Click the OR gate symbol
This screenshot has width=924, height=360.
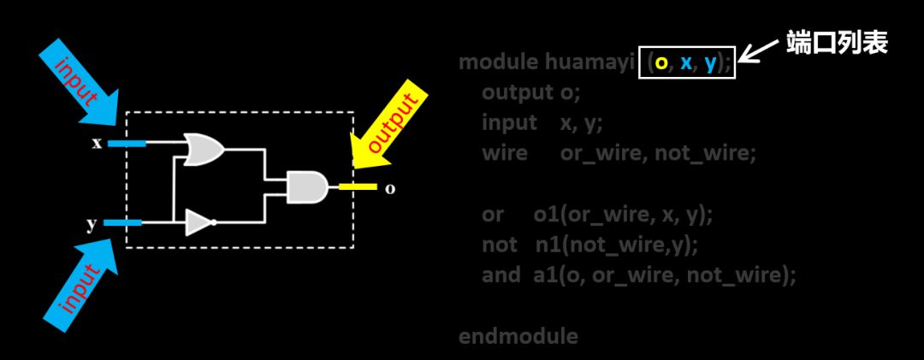pyautogui.click(x=204, y=150)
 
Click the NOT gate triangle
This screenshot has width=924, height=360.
pyautogui.click(x=198, y=223)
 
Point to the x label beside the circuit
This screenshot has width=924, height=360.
pyautogui.click(x=97, y=143)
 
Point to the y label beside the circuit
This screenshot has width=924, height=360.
pyautogui.click(x=91, y=224)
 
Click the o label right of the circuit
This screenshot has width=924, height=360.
pyautogui.click(x=390, y=188)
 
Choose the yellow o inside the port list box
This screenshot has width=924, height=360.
pyautogui.click(x=660, y=62)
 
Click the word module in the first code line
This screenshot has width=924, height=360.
pyautogui.click(x=498, y=62)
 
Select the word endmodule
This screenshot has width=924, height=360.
pyautogui.click(x=518, y=336)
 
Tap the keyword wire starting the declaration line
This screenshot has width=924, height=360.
pyautogui.click(x=504, y=153)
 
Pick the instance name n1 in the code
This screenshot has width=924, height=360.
pyautogui.click(x=548, y=245)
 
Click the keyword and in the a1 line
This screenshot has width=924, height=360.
pyautogui.click(x=500, y=275)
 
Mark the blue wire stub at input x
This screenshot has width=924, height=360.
pyautogui.click(x=127, y=143)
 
